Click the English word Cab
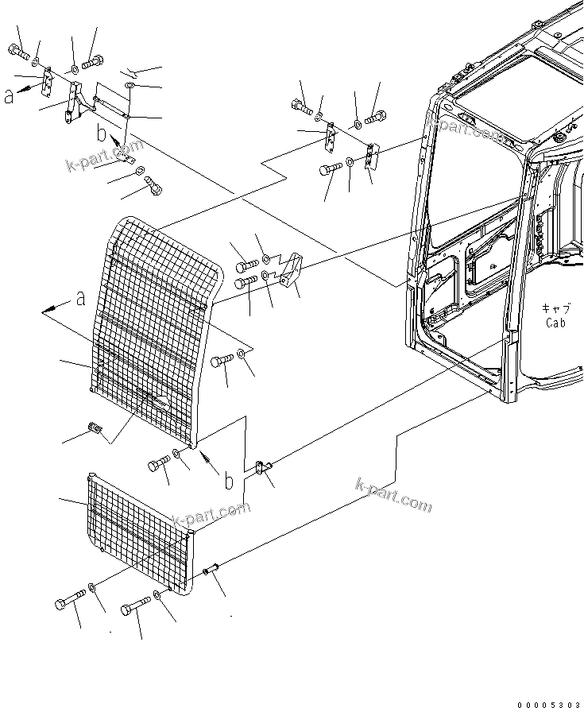point(555,323)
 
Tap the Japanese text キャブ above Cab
point(555,308)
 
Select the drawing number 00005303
point(549,703)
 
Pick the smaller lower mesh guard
point(139,532)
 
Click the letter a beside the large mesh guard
point(80,299)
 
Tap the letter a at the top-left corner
point(9,96)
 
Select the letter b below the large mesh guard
point(229,481)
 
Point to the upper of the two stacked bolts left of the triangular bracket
point(246,264)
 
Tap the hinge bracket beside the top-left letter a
point(48,79)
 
